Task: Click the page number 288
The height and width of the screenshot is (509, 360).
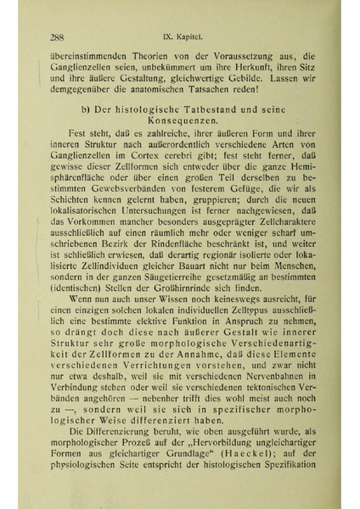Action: pyautogui.click(x=58, y=36)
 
